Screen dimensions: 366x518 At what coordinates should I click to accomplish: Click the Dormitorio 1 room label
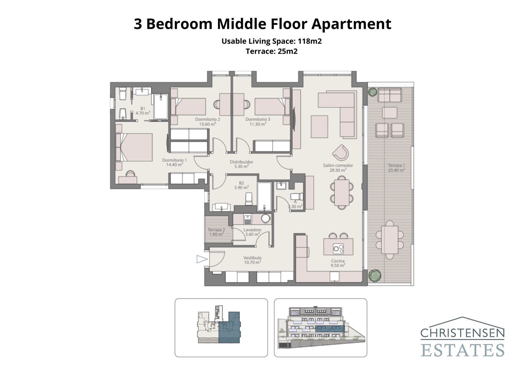tap(174, 162)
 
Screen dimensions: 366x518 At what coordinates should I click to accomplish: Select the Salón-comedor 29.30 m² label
tap(338, 167)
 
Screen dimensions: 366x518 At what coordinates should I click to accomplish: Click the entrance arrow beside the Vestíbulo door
tap(201, 259)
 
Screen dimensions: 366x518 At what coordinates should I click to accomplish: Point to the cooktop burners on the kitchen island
tap(338, 249)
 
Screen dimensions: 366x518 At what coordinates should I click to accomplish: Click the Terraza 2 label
tap(216, 232)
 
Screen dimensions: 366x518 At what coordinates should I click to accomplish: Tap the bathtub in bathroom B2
tap(264, 196)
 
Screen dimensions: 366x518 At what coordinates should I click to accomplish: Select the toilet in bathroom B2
tap(249, 199)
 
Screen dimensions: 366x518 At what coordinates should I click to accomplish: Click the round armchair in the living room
tap(341, 152)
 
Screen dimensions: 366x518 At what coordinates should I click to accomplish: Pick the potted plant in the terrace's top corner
tap(372, 92)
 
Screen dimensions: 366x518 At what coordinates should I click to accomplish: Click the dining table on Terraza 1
tap(389, 240)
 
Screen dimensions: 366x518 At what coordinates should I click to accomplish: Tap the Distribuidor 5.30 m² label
tap(242, 164)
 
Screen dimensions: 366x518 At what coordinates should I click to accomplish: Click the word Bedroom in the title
tap(179, 24)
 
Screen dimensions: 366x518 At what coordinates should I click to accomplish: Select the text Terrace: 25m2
tap(271, 51)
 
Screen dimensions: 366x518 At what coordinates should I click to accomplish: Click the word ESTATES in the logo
tap(462, 350)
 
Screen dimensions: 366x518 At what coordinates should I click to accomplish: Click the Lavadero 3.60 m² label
tap(252, 232)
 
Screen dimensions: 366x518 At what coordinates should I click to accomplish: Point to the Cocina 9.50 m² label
tap(338, 263)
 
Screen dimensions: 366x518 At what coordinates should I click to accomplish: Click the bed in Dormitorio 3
tap(271, 106)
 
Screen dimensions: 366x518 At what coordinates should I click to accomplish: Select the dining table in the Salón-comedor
tap(342, 193)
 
